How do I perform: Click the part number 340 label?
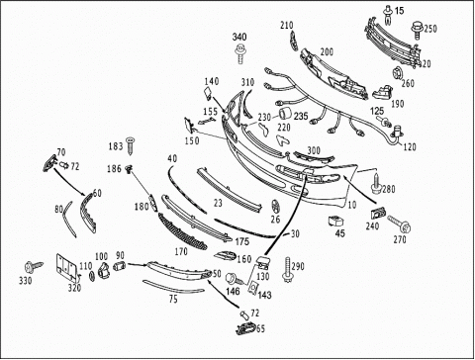point(239,37)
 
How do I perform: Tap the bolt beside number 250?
point(418,31)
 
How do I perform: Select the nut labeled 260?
point(398,73)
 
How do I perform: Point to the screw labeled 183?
point(132,145)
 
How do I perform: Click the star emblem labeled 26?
point(276,207)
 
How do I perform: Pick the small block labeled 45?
point(335,221)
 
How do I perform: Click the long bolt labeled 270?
point(399,224)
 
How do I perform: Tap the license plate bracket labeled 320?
point(67,268)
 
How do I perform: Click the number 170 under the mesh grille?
point(181,252)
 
